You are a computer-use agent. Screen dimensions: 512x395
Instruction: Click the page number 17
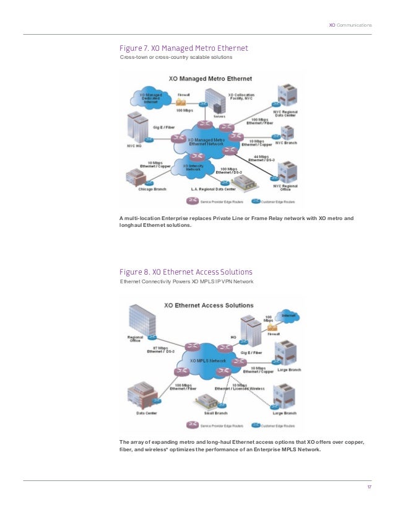coord(369,487)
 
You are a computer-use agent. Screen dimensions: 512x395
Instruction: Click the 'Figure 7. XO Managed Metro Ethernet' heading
coord(183,48)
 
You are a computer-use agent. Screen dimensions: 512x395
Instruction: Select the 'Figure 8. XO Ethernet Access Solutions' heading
coord(186,272)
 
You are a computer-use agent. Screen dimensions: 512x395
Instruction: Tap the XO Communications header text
coord(350,25)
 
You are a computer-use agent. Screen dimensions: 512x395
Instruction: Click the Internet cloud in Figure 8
coord(289,318)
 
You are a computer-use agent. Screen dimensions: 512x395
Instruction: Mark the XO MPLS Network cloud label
coord(208,360)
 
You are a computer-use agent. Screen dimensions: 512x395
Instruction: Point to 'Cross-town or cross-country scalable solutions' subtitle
coord(176,58)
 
